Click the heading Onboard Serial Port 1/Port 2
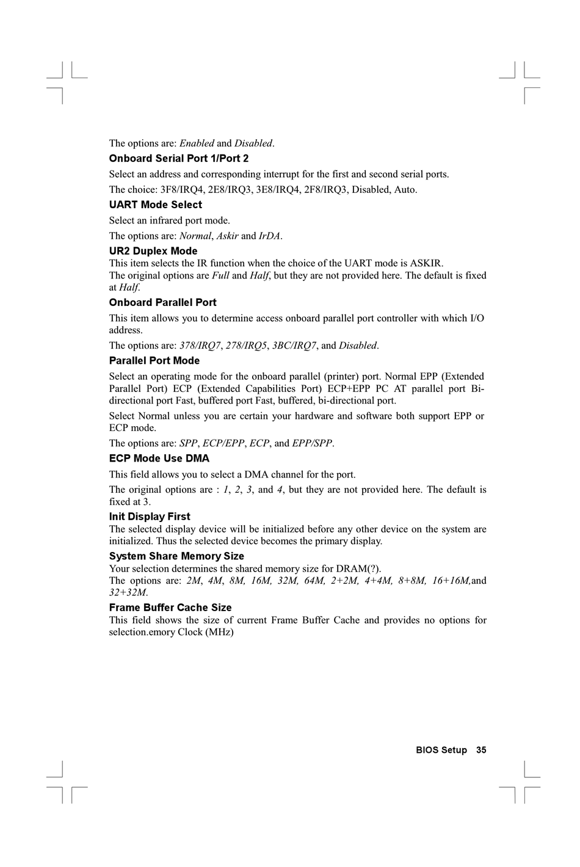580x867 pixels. pos(179,159)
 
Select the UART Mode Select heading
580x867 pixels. pos(155,205)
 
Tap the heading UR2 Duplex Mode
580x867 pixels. pos(153,251)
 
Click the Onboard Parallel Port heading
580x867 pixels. pos(162,303)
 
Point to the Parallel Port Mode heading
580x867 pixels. pos(154,361)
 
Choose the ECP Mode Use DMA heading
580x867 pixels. pos(159,459)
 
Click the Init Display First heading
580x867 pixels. pos(150,517)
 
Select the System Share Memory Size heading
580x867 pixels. pos(176,556)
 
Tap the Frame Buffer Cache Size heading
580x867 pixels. pos(170,608)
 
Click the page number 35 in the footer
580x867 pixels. pos(481,750)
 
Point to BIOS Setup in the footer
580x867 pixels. pos(441,750)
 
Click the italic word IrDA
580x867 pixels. pos(270,236)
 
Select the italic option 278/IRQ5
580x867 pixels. pos(247,346)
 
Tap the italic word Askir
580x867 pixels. pos(227,236)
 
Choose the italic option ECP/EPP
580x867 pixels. pos(223,443)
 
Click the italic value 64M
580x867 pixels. pos(314,581)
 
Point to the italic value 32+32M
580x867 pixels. pos(128,592)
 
